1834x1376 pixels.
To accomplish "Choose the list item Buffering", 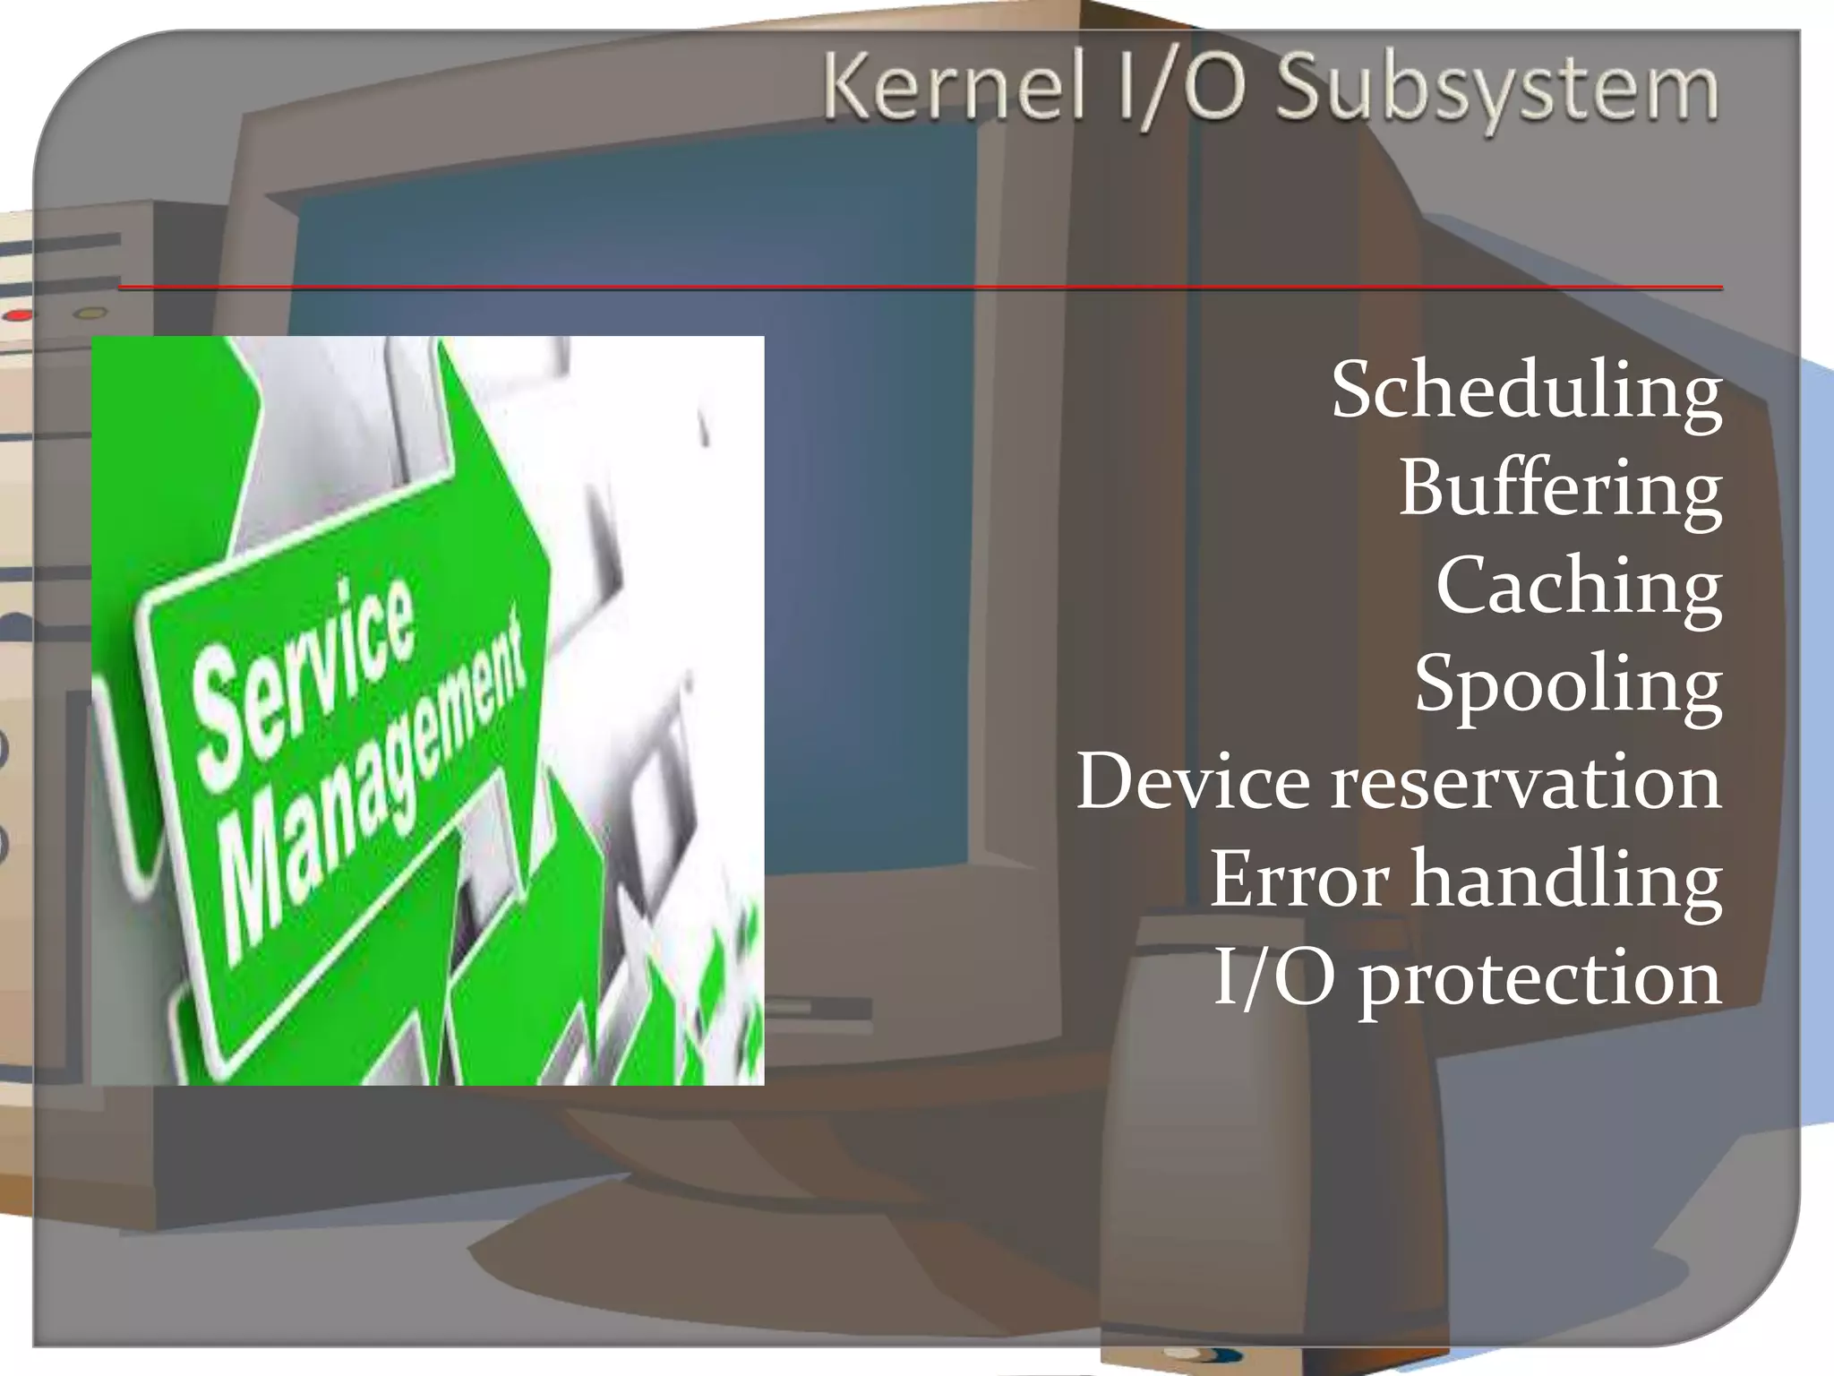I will click(1559, 490).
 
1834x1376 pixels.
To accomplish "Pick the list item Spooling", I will click(1567, 685).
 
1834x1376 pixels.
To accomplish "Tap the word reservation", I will click(1526, 782).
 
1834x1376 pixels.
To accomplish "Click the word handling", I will click(1566, 880).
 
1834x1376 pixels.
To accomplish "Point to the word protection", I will click(1539, 979).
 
